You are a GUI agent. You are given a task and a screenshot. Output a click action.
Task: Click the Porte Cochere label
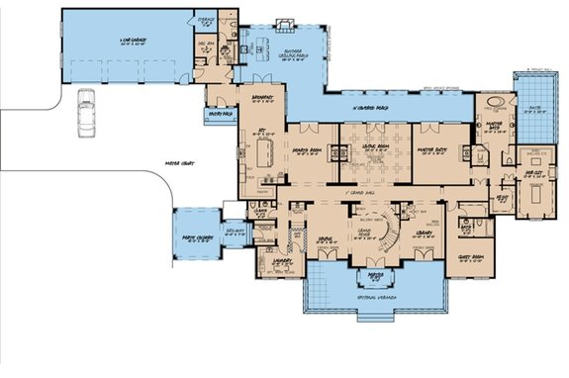196,236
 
